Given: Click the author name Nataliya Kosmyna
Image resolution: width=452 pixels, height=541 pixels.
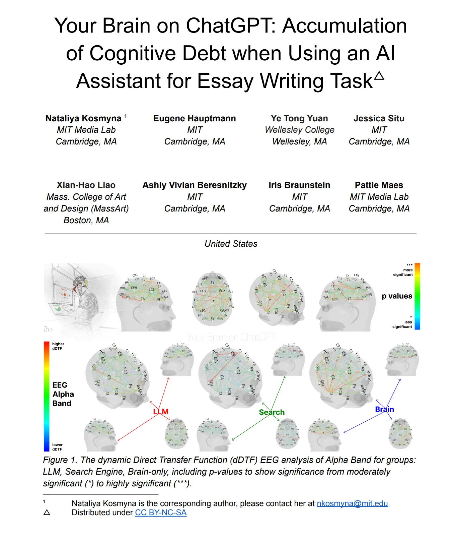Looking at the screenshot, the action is click(83, 118).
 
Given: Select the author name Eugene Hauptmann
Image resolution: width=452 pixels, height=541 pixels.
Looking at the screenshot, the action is click(195, 118).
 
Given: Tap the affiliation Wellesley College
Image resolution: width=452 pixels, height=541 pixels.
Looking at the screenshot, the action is click(299, 130).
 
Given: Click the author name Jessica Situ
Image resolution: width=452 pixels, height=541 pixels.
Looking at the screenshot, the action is click(379, 118).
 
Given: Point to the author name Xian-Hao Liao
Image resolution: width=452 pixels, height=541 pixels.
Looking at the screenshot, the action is click(86, 185).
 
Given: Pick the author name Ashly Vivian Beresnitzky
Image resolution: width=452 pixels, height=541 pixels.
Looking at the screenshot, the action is click(195, 185).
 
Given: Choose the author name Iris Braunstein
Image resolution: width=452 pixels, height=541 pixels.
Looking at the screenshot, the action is click(299, 185).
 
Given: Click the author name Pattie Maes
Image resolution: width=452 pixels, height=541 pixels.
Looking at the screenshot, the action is click(379, 185).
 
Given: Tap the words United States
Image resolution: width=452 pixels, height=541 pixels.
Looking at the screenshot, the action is click(231, 244).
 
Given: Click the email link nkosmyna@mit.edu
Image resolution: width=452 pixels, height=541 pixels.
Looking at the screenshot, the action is click(352, 503).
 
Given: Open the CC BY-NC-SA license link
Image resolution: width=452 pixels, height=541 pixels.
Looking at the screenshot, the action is click(161, 513).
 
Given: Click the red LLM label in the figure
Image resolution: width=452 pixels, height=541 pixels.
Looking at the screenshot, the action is click(161, 412).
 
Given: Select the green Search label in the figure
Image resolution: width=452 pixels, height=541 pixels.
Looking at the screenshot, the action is click(272, 412).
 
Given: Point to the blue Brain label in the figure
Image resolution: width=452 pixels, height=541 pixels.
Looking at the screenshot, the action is click(384, 409).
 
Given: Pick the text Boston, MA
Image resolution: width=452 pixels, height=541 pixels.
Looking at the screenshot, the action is click(86, 220).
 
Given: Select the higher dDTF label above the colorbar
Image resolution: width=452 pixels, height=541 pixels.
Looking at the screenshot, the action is click(58, 346).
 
